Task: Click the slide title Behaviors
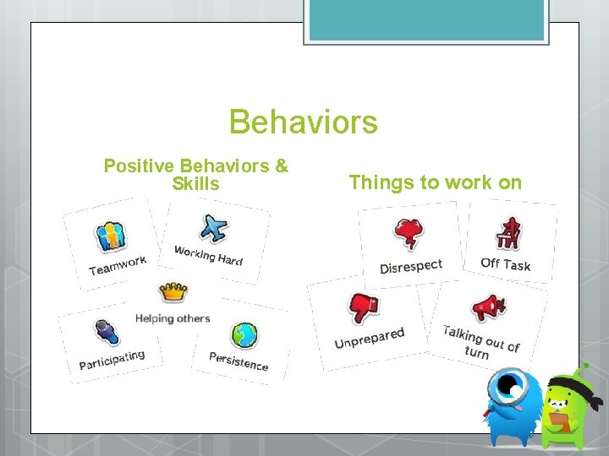click(x=303, y=122)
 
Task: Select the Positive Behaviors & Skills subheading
click(x=195, y=175)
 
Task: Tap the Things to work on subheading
click(x=435, y=182)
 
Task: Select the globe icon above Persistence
click(x=245, y=335)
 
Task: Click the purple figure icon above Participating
click(x=105, y=332)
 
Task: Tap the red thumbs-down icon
click(x=364, y=307)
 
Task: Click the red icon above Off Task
click(x=509, y=233)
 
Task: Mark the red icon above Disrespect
click(x=409, y=234)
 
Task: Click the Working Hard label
click(x=208, y=255)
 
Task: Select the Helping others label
click(x=173, y=318)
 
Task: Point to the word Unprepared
click(x=370, y=338)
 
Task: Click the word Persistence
click(x=239, y=361)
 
